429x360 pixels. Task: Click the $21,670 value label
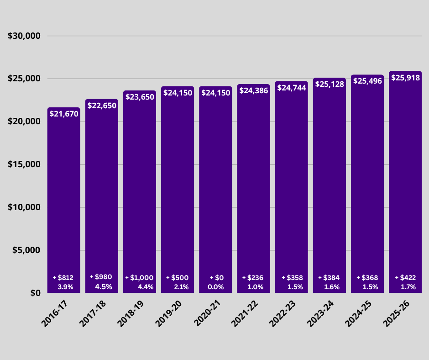coord(64,114)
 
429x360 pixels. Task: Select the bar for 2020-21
coord(215,192)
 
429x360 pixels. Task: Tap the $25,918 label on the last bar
coord(405,78)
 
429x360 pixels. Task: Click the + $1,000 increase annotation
coord(139,278)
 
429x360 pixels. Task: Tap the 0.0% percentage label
coord(215,287)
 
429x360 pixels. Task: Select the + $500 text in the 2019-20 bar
coord(177,278)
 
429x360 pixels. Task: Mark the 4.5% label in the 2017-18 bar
coord(102,287)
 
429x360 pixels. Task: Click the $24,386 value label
coord(253,90)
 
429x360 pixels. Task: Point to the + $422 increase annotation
coord(405,278)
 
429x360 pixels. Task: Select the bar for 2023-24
coord(330,192)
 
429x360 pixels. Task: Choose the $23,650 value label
coord(140,97)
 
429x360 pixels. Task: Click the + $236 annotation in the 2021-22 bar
coord(253,278)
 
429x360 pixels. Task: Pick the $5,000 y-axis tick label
coord(26,250)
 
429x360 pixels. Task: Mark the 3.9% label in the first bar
coord(63,287)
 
